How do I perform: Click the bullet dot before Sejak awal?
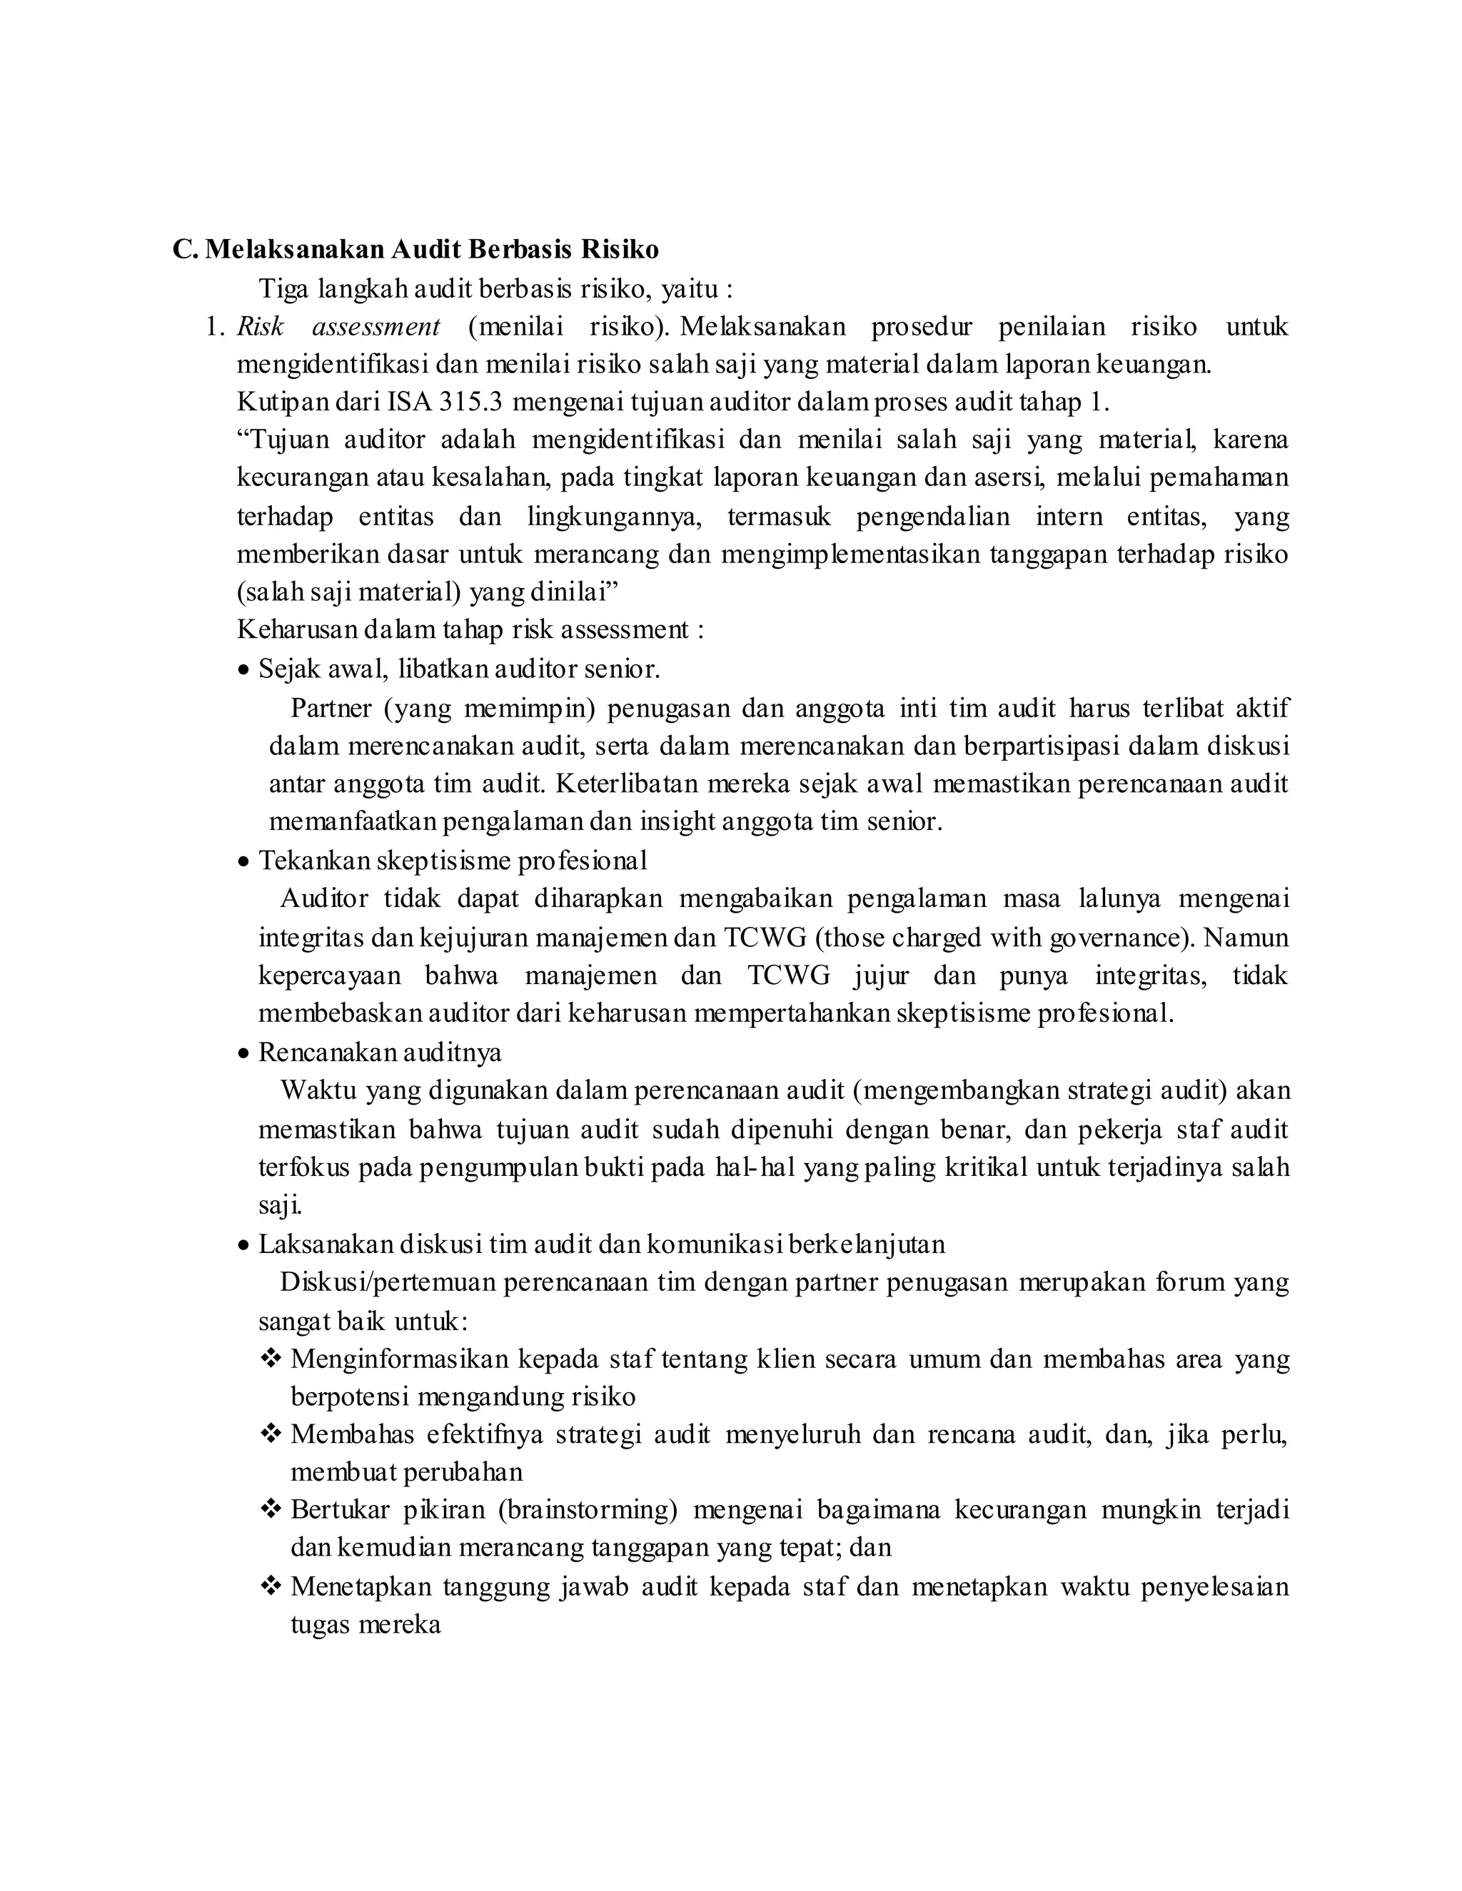pos(244,670)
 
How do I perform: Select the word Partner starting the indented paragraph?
pos(331,709)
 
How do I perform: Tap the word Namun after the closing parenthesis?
pos(1246,938)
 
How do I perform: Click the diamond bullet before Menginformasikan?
pos(271,1359)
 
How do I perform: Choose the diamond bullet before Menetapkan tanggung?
pos(271,1586)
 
